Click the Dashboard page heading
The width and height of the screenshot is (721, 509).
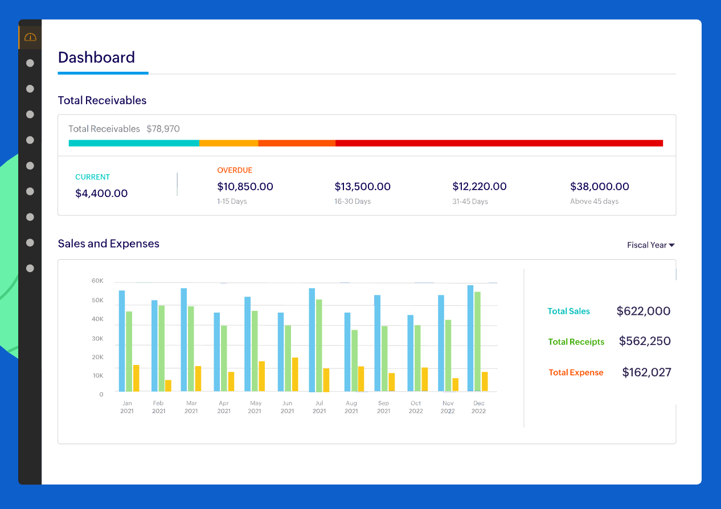(96, 58)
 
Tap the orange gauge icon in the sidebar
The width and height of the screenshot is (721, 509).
(30, 38)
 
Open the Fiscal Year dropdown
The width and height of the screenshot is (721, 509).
(650, 245)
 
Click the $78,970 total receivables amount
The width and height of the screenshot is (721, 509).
(163, 129)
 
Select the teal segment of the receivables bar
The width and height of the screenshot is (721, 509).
(134, 143)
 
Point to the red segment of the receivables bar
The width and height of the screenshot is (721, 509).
(499, 143)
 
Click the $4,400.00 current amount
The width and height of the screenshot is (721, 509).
(101, 194)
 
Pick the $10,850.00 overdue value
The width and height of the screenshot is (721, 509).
(245, 187)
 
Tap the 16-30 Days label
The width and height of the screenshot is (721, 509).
(353, 202)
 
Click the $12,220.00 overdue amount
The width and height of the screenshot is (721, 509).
(479, 187)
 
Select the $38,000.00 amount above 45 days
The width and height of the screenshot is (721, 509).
(599, 187)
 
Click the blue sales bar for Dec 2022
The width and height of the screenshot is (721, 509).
(470, 338)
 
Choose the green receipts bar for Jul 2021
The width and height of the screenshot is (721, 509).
(319, 345)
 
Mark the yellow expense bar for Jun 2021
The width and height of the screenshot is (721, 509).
(295, 374)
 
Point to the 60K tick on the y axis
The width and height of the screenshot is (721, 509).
(97, 281)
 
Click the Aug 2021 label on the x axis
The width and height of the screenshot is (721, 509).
(351, 407)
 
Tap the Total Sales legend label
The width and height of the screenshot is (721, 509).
(568, 311)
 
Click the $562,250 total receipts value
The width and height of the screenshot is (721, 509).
(644, 342)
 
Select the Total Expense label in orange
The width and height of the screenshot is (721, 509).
(576, 372)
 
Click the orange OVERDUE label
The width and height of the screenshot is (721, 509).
(235, 170)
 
